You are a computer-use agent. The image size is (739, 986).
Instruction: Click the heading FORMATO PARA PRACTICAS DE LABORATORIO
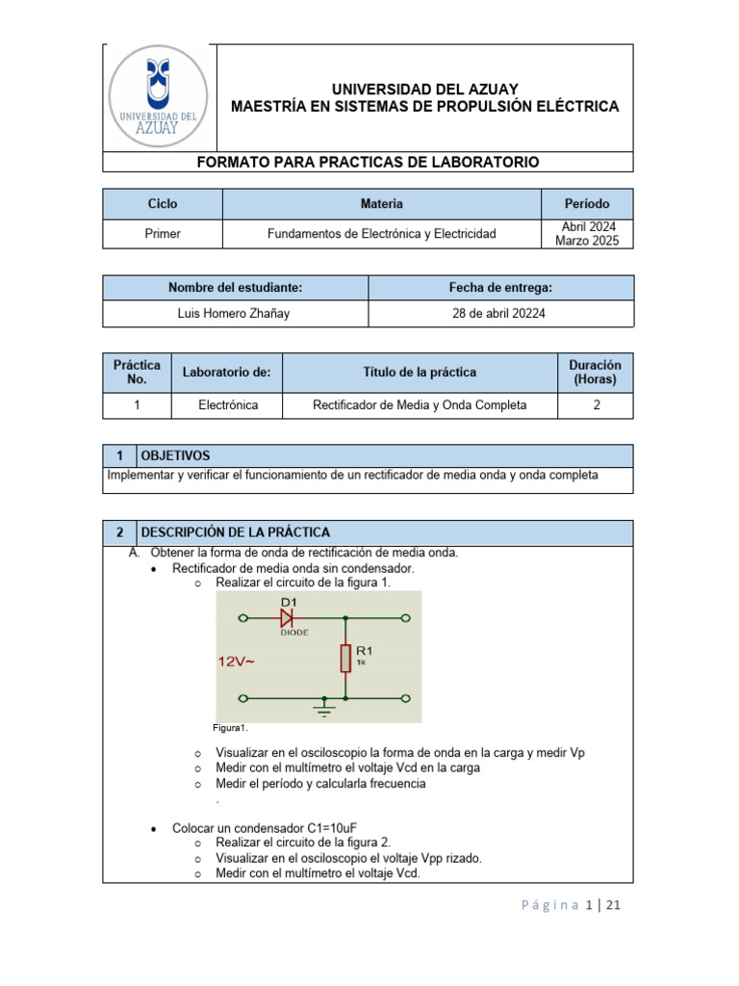tap(368, 163)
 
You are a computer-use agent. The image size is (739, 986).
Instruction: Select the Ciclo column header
tap(163, 204)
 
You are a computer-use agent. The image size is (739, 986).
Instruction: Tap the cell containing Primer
tap(163, 234)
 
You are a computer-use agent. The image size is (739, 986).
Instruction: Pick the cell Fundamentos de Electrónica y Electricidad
tap(381, 234)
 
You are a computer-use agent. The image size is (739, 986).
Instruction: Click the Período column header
tap(587, 204)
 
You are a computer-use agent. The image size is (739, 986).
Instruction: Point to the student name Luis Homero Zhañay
tap(235, 314)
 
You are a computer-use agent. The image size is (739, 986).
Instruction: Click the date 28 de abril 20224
tap(499, 314)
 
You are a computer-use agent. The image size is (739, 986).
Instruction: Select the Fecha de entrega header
tap(500, 287)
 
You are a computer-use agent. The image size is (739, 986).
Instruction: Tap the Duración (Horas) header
tap(596, 372)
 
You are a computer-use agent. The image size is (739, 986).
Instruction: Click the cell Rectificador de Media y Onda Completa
tap(420, 405)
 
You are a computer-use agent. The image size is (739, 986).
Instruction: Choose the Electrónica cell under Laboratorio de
tap(228, 405)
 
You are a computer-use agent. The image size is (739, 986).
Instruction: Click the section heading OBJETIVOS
tap(175, 455)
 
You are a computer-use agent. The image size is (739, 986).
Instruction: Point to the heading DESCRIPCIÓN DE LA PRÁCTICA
tap(235, 532)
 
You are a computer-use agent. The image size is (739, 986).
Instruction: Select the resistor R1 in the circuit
tap(344, 658)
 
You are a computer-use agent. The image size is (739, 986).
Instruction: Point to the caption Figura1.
tap(231, 728)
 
